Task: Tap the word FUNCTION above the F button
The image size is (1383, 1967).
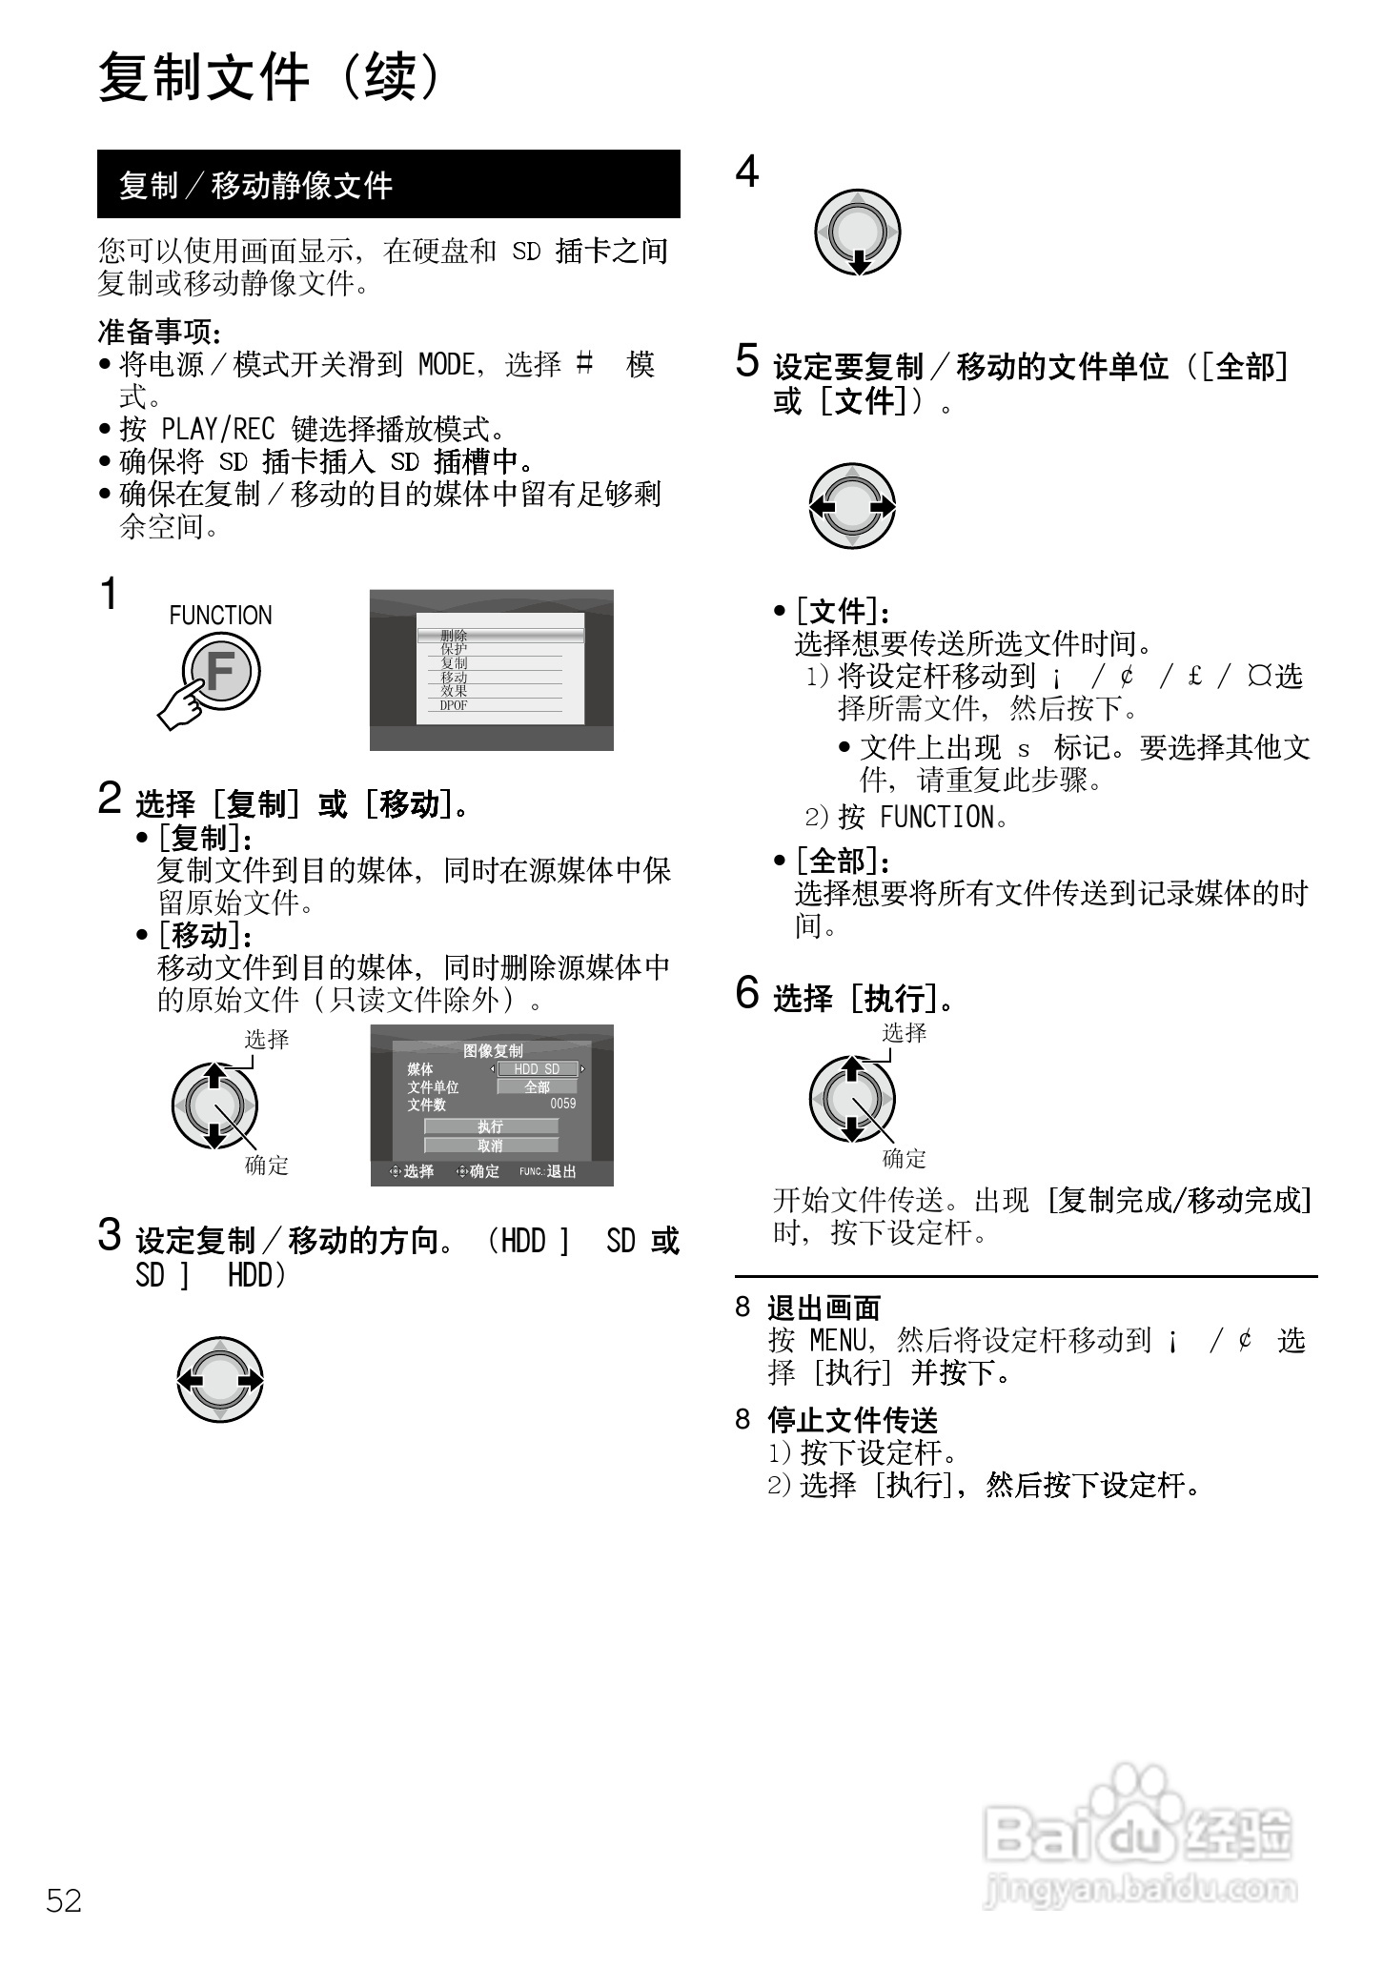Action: [x=220, y=616]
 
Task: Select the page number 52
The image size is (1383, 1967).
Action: [x=64, y=1900]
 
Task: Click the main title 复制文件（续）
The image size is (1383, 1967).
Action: [x=271, y=78]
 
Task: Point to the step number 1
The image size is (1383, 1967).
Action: [x=110, y=594]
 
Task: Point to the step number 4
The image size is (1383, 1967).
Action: [x=747, y=172]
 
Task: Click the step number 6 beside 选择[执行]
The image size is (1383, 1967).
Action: [x=747, y=992]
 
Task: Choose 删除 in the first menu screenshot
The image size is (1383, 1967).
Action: [x=454, y=636]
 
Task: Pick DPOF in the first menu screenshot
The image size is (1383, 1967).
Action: [x=454, y=706]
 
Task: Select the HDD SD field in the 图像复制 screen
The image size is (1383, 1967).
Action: [x=537, y=1069]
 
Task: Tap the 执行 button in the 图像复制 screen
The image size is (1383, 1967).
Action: [x=491, y=1126]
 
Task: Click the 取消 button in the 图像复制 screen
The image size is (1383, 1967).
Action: [x=491, y=1146]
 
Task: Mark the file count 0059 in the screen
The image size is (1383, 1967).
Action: [x=562, y=1104]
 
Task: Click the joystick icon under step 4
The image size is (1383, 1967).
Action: [x=857, y=233]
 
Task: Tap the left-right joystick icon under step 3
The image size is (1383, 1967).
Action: [x=220, y=1380]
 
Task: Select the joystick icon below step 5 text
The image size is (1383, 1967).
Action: [x=852, y=506]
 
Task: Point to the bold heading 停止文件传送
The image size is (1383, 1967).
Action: [x=852, y=1420]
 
